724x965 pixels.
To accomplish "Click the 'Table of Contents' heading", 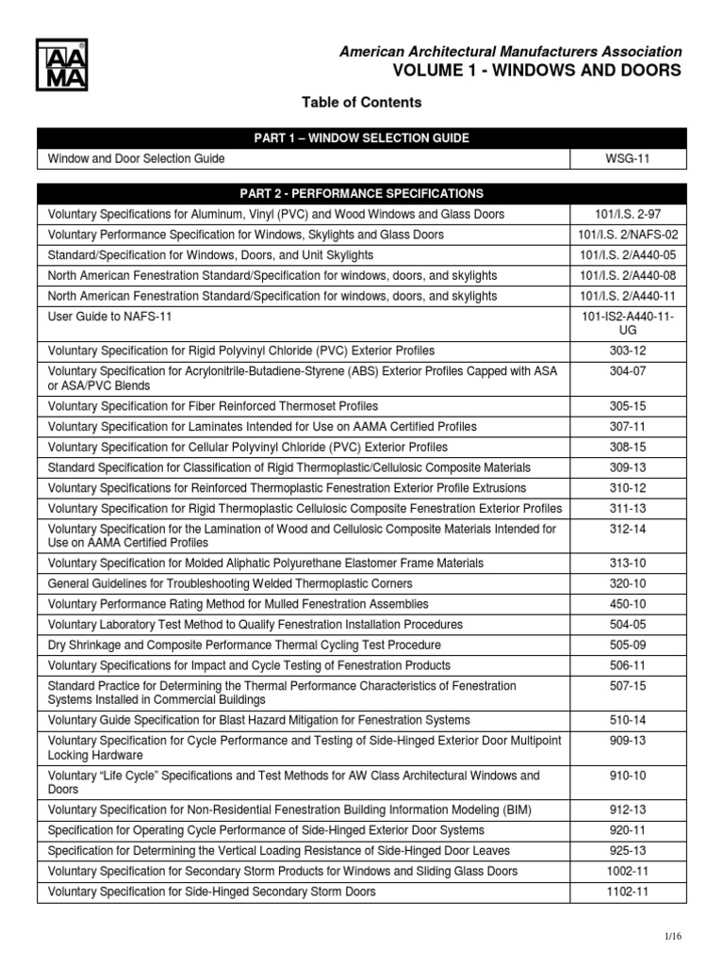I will point(361,102).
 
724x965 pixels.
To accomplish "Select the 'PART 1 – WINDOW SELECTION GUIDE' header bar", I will point(361,139).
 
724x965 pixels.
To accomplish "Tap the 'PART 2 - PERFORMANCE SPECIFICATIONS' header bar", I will point(361,193).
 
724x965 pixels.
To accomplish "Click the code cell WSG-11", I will point(628,160).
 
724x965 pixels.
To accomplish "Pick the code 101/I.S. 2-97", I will point(628,214).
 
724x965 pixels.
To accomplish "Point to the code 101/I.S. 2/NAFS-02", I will point(628,235).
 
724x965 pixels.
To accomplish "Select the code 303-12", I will point(628,351).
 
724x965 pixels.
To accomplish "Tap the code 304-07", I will point(628,371).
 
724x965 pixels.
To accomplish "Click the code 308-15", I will point(628,447).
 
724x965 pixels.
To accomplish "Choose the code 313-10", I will point(628,563).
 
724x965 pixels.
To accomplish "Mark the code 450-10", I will point(628,603).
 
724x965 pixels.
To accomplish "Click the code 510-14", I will point(628,720).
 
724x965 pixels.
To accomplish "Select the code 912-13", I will point(628,810).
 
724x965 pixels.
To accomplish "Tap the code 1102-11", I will point(628,891).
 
